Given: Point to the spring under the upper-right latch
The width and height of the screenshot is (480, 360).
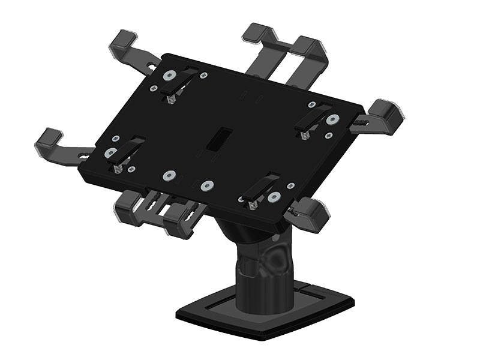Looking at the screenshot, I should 305,136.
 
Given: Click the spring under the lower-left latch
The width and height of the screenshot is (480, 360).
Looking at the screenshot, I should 118,170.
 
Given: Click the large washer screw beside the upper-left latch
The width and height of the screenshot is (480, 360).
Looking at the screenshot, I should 169,76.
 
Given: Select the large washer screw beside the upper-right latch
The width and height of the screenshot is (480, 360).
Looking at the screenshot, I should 332,120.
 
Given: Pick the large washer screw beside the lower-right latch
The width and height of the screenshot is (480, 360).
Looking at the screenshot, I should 274,197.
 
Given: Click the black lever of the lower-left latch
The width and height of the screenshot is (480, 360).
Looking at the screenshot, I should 128,150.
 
